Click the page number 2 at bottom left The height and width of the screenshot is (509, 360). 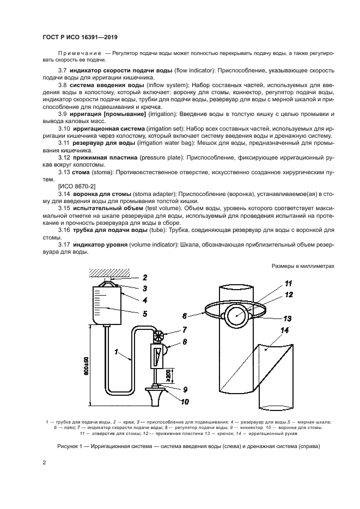pos(44,463)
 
